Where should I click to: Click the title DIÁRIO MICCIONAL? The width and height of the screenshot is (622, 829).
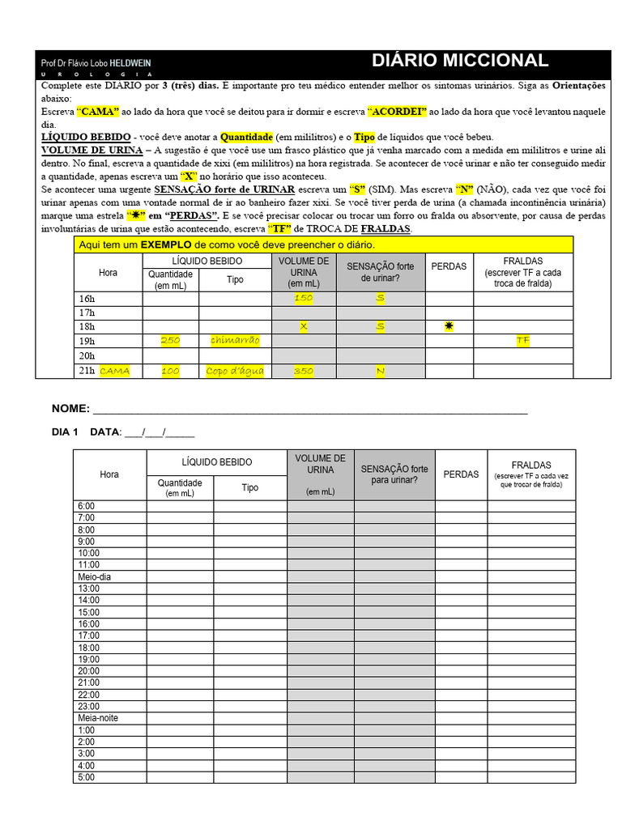pos(459,61)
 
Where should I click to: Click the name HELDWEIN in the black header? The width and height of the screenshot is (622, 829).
pos(130,63)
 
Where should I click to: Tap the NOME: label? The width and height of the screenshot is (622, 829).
pos(70,408)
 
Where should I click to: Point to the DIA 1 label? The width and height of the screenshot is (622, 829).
pos(65,432)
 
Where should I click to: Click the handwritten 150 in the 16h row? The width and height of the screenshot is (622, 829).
pos(303,298)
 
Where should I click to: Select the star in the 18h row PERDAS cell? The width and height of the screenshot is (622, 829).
pos(449,326)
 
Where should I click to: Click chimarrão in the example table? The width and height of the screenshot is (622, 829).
pos(235,341)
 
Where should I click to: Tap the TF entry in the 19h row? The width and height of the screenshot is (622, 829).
pos(523,341)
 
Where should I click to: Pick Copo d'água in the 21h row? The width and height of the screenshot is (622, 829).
pos(235,371)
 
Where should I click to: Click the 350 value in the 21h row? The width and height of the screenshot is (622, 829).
pos(303,371)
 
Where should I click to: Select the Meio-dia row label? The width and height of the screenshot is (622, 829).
pos(94,576)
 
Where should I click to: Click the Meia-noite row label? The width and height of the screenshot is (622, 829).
pos(97,718)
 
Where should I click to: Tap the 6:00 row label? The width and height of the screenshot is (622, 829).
pos(86,506)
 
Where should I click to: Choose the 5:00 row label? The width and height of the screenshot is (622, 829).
pos(86,777)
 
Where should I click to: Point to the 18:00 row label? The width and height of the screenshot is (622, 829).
pos(88,648)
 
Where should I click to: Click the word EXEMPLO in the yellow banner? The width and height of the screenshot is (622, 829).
pos(165,244)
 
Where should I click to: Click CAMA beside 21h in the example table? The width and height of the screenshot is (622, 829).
pos(115,371)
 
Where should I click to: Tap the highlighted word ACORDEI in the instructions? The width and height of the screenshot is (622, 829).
pos(397,112)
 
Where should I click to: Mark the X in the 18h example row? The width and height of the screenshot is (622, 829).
pos(303,326)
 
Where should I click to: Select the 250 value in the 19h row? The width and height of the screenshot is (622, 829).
pos(170,341)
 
